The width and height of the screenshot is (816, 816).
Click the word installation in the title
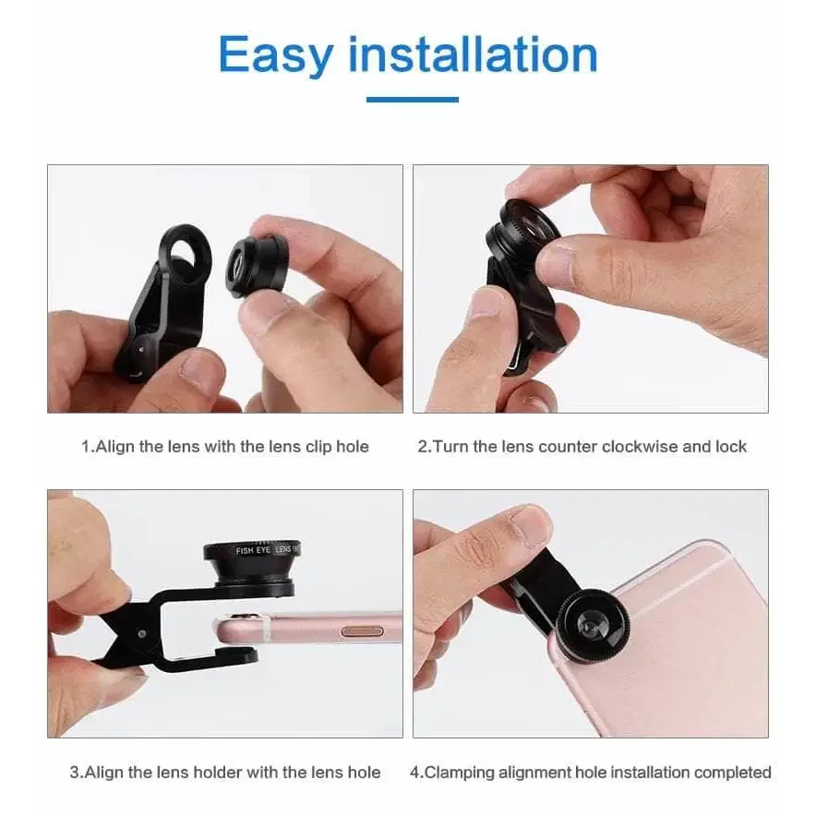[473, 54]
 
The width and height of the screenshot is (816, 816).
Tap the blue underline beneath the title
[413, 100]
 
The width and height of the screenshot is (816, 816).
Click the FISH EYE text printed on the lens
[253, 550]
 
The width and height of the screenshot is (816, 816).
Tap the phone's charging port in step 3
[363, 631]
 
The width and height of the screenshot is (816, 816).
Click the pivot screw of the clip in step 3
[141, 634]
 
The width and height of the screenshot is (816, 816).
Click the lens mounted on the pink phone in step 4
[593, 621]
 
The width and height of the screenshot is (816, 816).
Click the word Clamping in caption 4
[459, 773]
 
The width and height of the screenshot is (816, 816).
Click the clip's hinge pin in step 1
[141, 349]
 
